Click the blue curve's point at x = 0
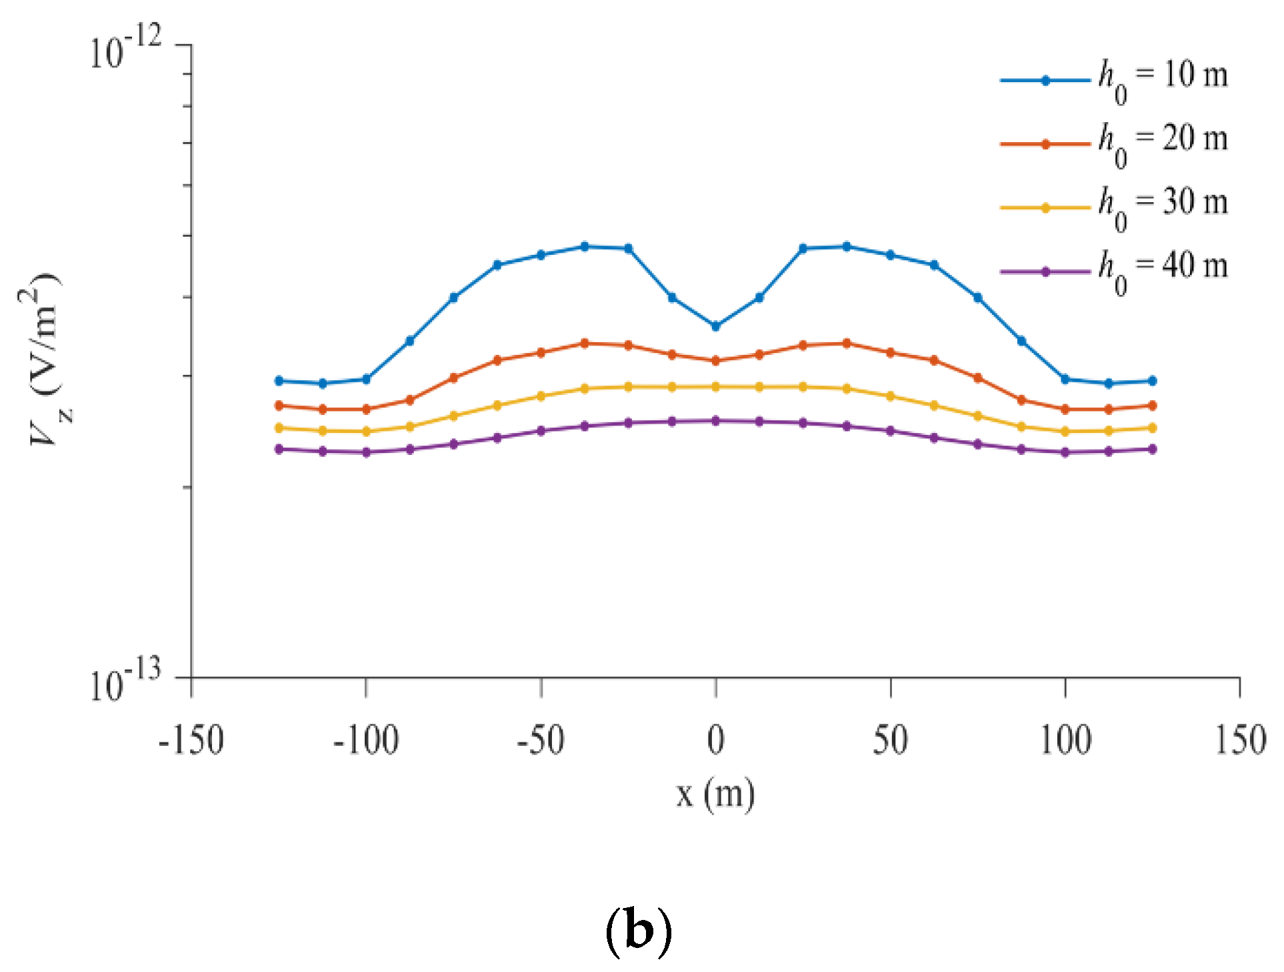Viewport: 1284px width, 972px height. click(x=715, y=326)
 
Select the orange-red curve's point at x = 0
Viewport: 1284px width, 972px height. click(x=715, y=361)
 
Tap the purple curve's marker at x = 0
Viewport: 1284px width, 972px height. click(x=715, y=421)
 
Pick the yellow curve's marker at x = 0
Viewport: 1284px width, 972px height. click(x=715, y=387)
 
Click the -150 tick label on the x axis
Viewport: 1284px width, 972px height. click(x=191, y=741)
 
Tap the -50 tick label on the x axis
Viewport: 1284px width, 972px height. click(x=541, y=741)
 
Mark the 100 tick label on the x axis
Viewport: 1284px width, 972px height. click(x=1065, y=741)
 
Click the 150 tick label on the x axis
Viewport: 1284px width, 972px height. click(x=1240, y=741)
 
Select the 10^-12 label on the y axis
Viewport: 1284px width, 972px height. click(x=125, y=48)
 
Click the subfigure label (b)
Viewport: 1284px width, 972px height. click(x=638, y=931)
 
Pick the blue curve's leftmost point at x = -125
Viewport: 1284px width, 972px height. click(x=279, y=381)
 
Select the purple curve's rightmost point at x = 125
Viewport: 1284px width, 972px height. click(x=1153, y=449)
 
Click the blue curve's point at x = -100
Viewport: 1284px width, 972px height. click(x=366, y=380)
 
